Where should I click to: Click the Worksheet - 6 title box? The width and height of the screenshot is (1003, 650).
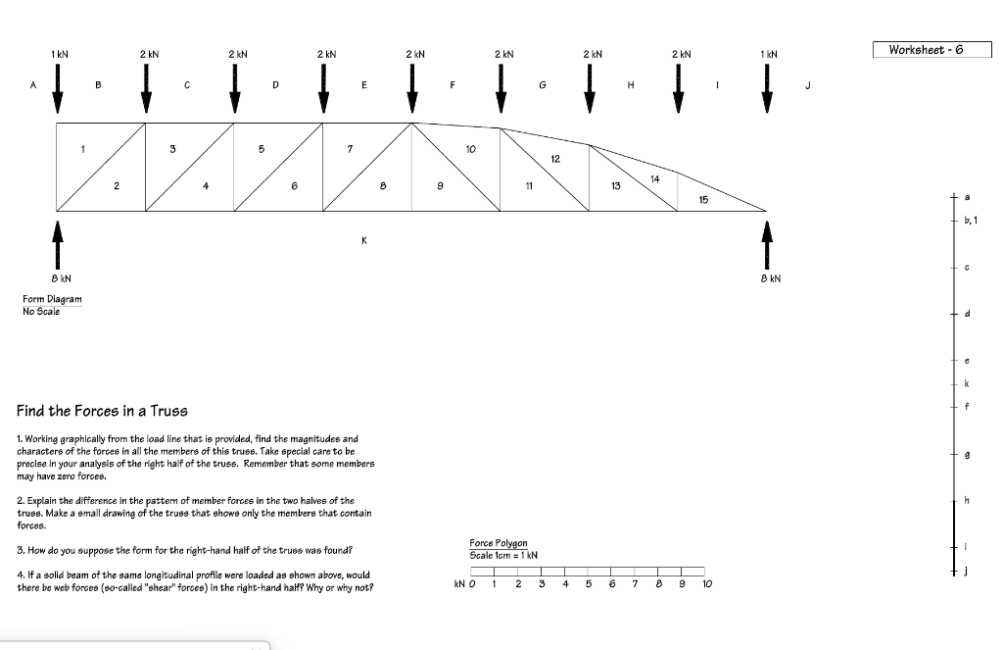[931, 50]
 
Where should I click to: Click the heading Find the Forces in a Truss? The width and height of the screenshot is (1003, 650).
[102, 411]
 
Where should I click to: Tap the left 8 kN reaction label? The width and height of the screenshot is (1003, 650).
[58, 279]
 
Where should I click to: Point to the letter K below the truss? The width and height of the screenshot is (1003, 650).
[365, 239]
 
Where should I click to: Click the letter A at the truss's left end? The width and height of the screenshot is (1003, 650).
[33, 85]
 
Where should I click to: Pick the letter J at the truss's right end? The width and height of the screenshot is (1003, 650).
[807, 85]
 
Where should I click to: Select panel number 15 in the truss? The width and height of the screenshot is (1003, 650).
[703, 199]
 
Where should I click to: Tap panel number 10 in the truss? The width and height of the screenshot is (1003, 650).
[470, 149]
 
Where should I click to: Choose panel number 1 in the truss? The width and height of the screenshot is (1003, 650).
[83, 149]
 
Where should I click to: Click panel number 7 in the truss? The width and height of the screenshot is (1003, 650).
[350, 149]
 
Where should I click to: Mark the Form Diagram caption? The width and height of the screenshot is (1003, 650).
[52, 299]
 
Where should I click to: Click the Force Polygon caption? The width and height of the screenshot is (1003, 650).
[498, 543]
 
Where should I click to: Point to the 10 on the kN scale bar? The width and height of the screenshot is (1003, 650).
[706, 584]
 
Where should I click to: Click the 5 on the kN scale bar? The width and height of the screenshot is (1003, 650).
[588, 584]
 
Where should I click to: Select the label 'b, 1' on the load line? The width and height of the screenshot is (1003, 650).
[970, 221]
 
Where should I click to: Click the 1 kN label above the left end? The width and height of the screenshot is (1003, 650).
[61, 54]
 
